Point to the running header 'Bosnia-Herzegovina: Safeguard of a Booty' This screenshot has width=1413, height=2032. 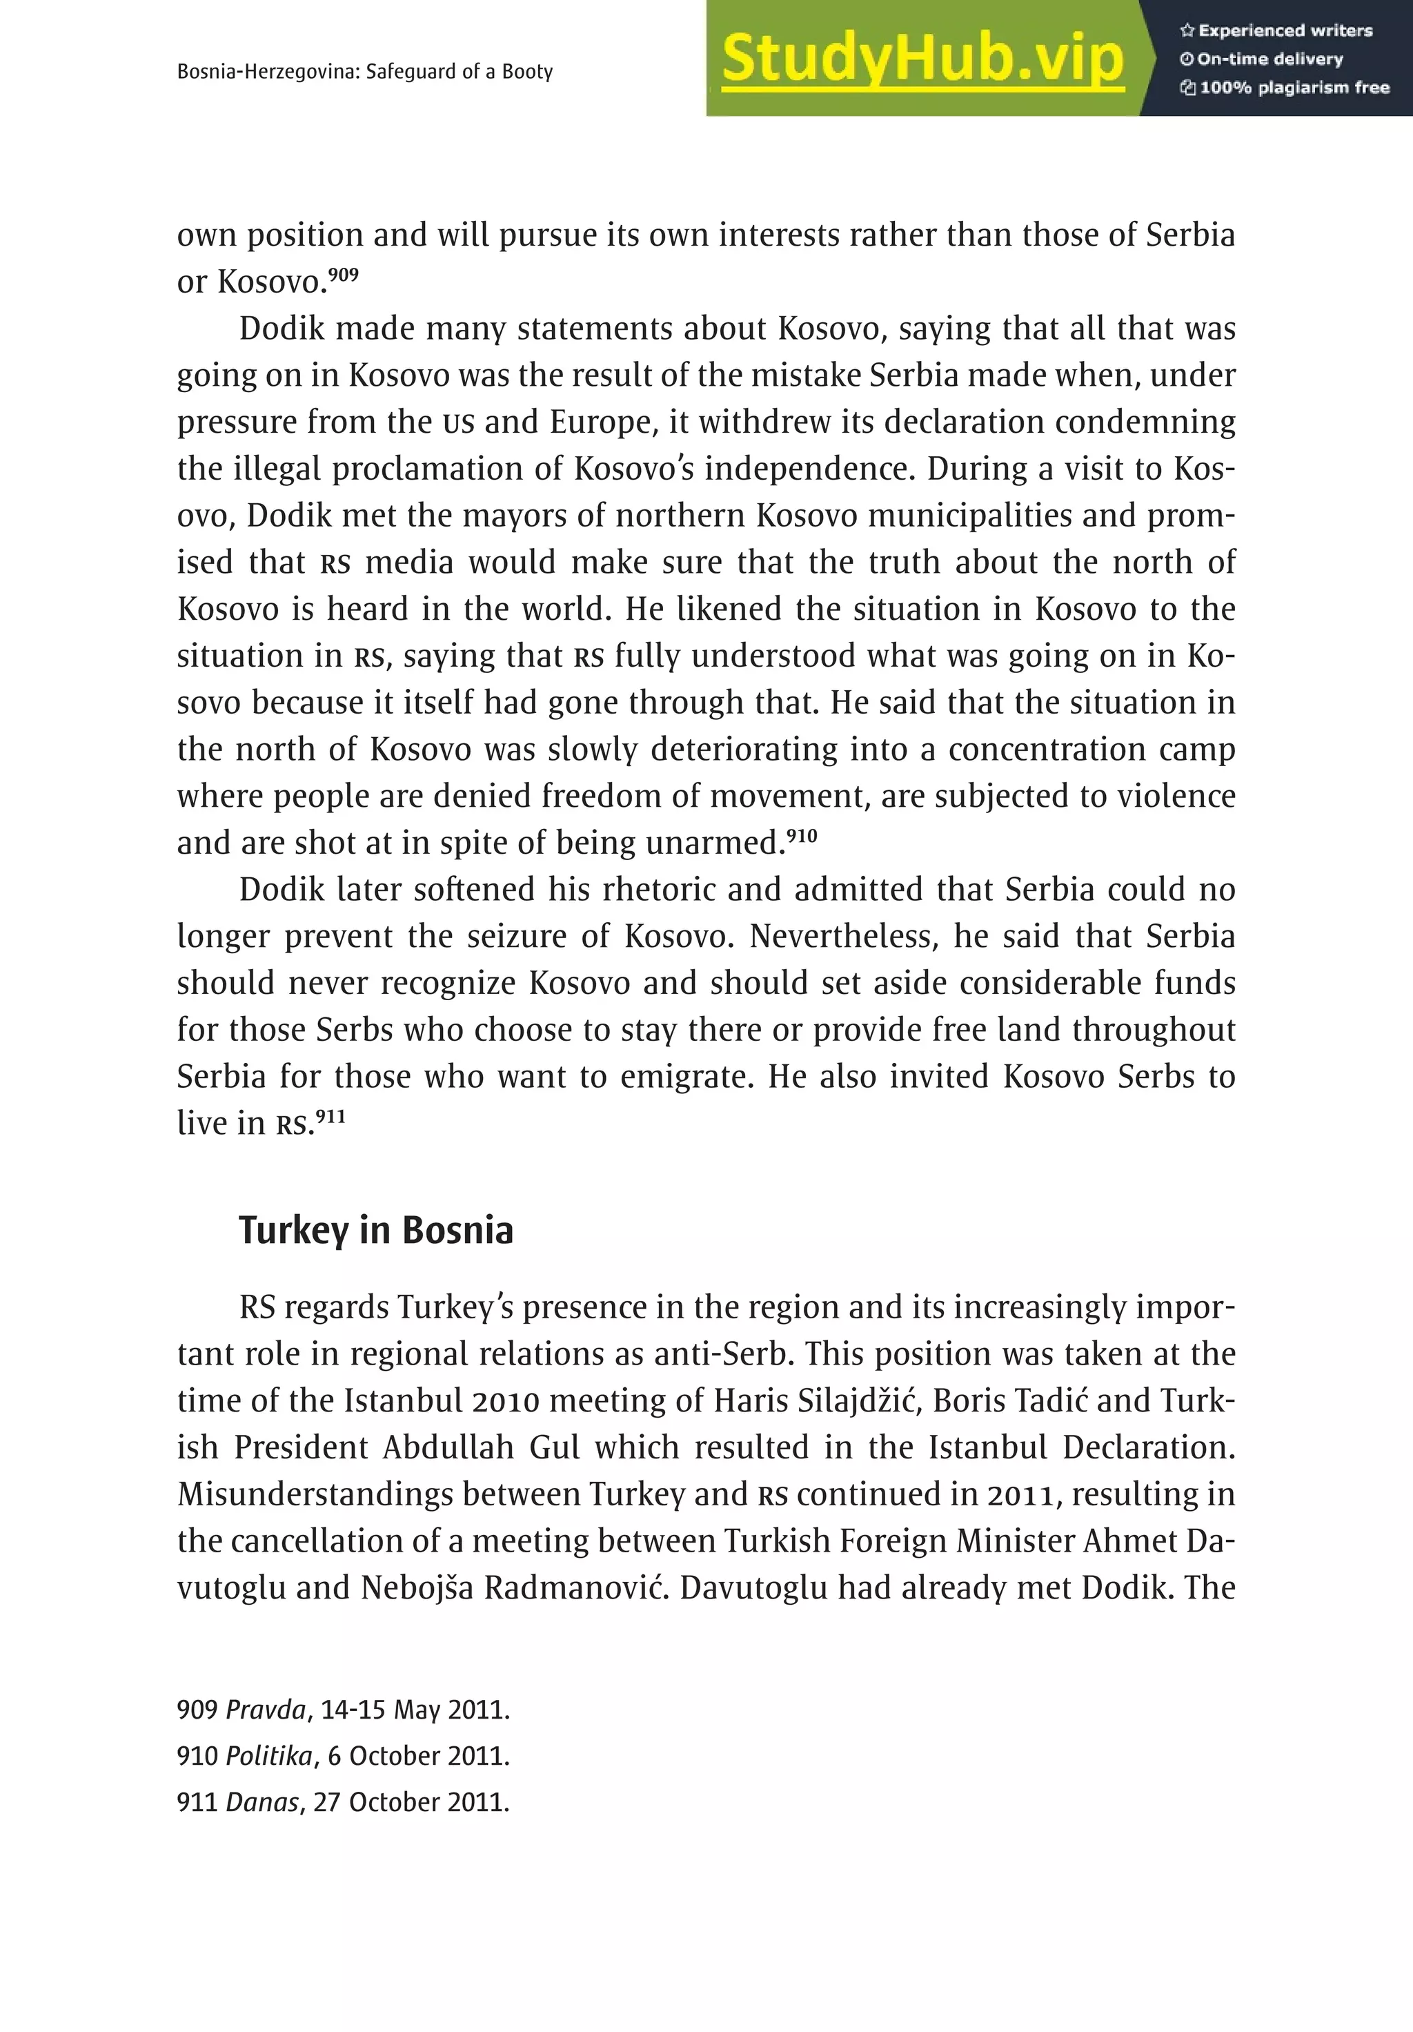pyautogui.click(x=364, y=72)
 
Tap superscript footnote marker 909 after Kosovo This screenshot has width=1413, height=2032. pyautogui.click(x=344, y=274)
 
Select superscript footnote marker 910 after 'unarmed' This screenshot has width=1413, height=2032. pyautogui.click(x=802, y=834)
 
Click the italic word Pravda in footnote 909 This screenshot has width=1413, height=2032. pyautogui.click(x=266, y=1709)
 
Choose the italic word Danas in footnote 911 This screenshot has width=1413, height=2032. pyautogui.click(x=262, y=1803)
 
